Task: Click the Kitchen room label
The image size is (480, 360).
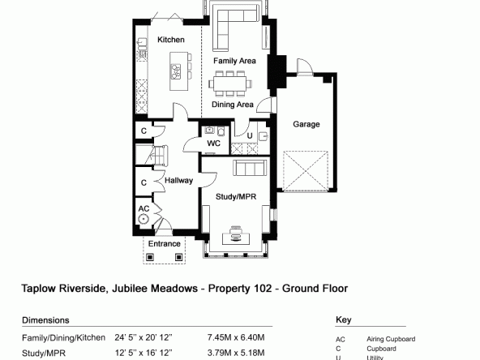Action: tap(171, 40)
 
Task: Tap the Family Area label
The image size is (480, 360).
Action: tap(234, 61)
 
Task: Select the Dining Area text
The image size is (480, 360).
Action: tap(233, 105)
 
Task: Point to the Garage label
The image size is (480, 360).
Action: tap(306, 124)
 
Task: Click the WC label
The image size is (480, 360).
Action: tap(214, 144)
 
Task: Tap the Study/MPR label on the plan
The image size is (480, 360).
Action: tap(236, 196)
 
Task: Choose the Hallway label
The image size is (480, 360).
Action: tap(178, 181)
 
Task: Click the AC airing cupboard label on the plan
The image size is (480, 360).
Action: tap(144, 208)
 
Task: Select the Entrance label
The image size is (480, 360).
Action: tap(165, 244)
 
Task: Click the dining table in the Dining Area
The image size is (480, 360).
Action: tap(230, 84)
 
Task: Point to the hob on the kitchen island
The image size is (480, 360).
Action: tap(176, 71)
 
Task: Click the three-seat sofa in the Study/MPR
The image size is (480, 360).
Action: tap(249, 168)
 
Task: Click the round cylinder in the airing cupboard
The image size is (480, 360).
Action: tap(143, 219)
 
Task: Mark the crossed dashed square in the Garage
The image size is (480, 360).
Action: tap(306, 171)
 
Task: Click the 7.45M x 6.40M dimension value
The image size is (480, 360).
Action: tap(236, 337)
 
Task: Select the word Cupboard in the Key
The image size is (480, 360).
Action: tap(381, 349)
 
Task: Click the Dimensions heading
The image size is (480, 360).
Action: tap(45, 320)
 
